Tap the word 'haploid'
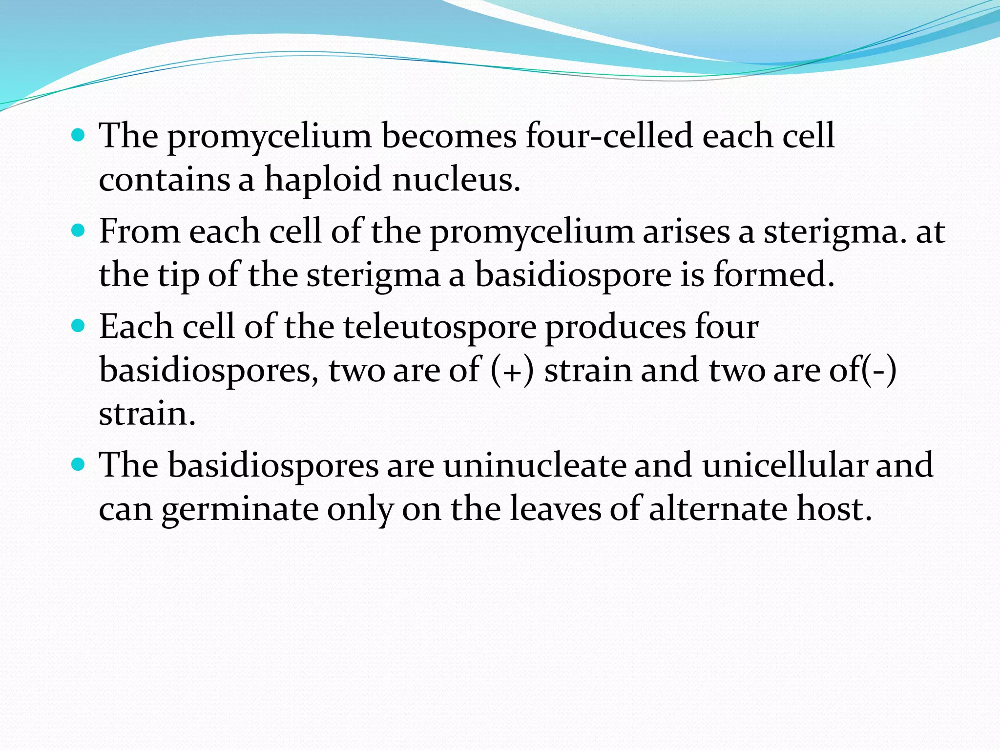[x=323, y=179]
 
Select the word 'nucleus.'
[x=456, y=179]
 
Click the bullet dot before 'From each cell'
[x=78, y=229]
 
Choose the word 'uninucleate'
[x=534, y=465]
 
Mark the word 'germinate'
[x=239, y=509]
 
